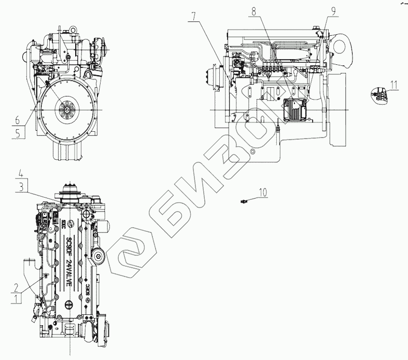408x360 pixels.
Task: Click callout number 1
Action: coord(18,298)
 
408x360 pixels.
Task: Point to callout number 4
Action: coord(21,173)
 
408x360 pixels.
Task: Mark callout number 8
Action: coord(254,10)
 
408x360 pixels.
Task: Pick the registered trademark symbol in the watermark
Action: coord(252,151)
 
